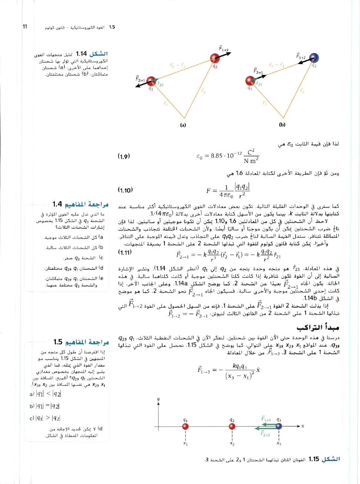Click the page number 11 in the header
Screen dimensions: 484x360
point(25,26)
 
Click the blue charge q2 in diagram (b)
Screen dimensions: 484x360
point(314,58)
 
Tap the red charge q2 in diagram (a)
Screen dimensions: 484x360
point(215,58)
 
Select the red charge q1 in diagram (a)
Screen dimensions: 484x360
point(151,81)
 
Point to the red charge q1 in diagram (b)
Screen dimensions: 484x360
point(250,80)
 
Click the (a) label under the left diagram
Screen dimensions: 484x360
point(183,125)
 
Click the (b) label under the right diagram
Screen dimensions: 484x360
point(282,125)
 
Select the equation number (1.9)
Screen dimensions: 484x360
point(124,156)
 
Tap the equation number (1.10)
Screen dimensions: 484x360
point(125,190)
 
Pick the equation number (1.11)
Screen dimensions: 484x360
point(125,252)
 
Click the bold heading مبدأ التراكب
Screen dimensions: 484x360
point(317,327)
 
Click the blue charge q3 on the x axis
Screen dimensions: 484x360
point(279,427)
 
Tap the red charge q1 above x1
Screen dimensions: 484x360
point(186,427)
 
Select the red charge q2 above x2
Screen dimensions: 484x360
point(232,427)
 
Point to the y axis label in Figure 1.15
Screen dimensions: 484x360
point(158,399)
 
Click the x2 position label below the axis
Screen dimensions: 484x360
point(232,444)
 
